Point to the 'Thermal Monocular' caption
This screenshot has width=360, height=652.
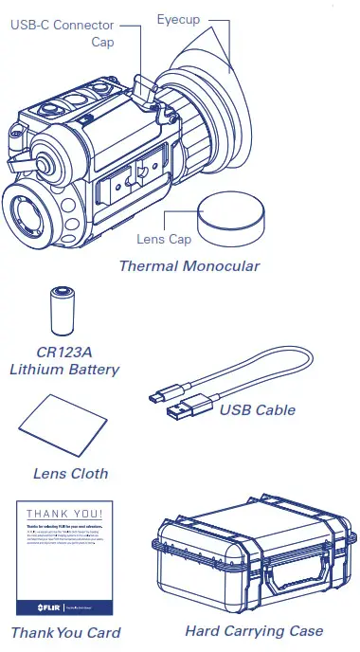click(189, 266)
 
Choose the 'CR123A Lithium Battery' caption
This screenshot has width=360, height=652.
click(64, 360)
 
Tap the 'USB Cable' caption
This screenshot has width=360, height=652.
click(257, 410)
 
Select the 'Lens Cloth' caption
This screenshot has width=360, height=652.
click(70, 473)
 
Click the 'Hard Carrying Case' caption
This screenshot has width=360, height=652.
click(254, 630)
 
